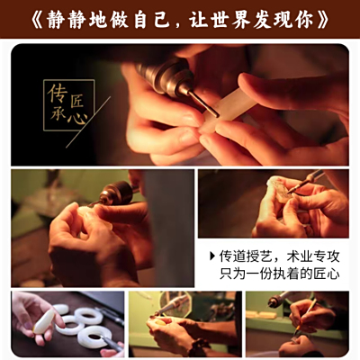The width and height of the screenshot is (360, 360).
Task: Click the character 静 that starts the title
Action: (x=56, y=20)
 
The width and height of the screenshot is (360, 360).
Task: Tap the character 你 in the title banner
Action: (x=303, y=20)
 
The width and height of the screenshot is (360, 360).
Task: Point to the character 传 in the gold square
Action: (x=58, y=93)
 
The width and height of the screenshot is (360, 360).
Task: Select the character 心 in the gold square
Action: (x=77, y=119)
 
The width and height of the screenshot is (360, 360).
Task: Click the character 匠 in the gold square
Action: (x=76, y=102)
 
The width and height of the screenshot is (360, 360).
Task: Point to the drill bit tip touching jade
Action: (x=217, y=115)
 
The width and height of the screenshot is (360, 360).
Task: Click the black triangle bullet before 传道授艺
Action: (x=212, y=256)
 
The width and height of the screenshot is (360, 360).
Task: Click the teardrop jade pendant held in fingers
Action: (x=43, y=321)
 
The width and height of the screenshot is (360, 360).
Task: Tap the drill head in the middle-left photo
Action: (x=115, y=193)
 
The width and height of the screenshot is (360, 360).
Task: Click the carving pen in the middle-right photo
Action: (x=304, y=182)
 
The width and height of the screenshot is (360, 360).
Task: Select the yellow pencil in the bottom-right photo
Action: (x=304, y=318)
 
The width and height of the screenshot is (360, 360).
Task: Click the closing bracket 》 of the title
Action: (x=322, y=20)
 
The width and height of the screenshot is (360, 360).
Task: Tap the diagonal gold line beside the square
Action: (x=88, y=122)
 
